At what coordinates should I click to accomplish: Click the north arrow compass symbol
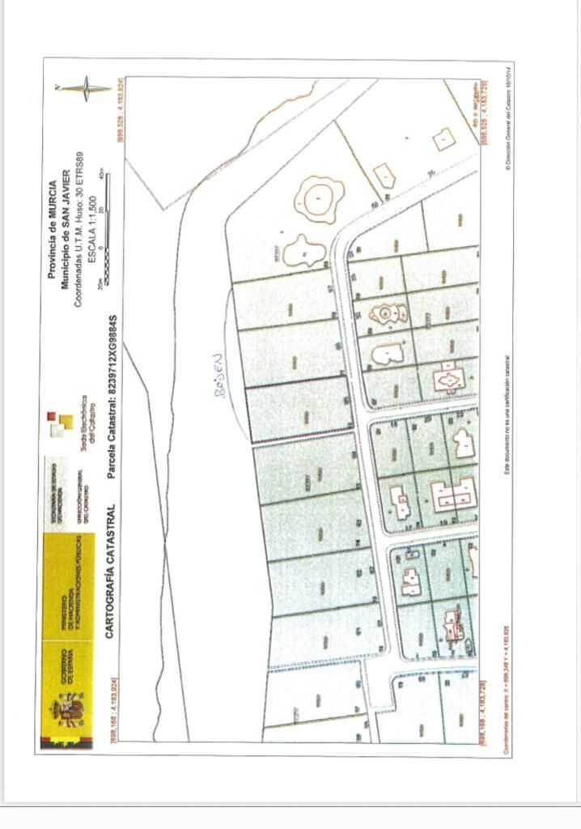85,88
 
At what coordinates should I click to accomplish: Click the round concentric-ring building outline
320,198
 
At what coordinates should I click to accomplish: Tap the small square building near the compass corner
443,140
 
